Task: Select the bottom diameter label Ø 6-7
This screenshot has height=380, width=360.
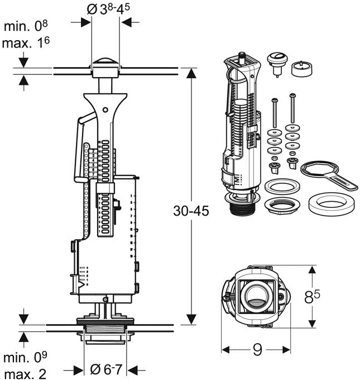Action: [x=105, y=369]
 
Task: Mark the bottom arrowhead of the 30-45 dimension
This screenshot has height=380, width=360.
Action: [x=191, y=319]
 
